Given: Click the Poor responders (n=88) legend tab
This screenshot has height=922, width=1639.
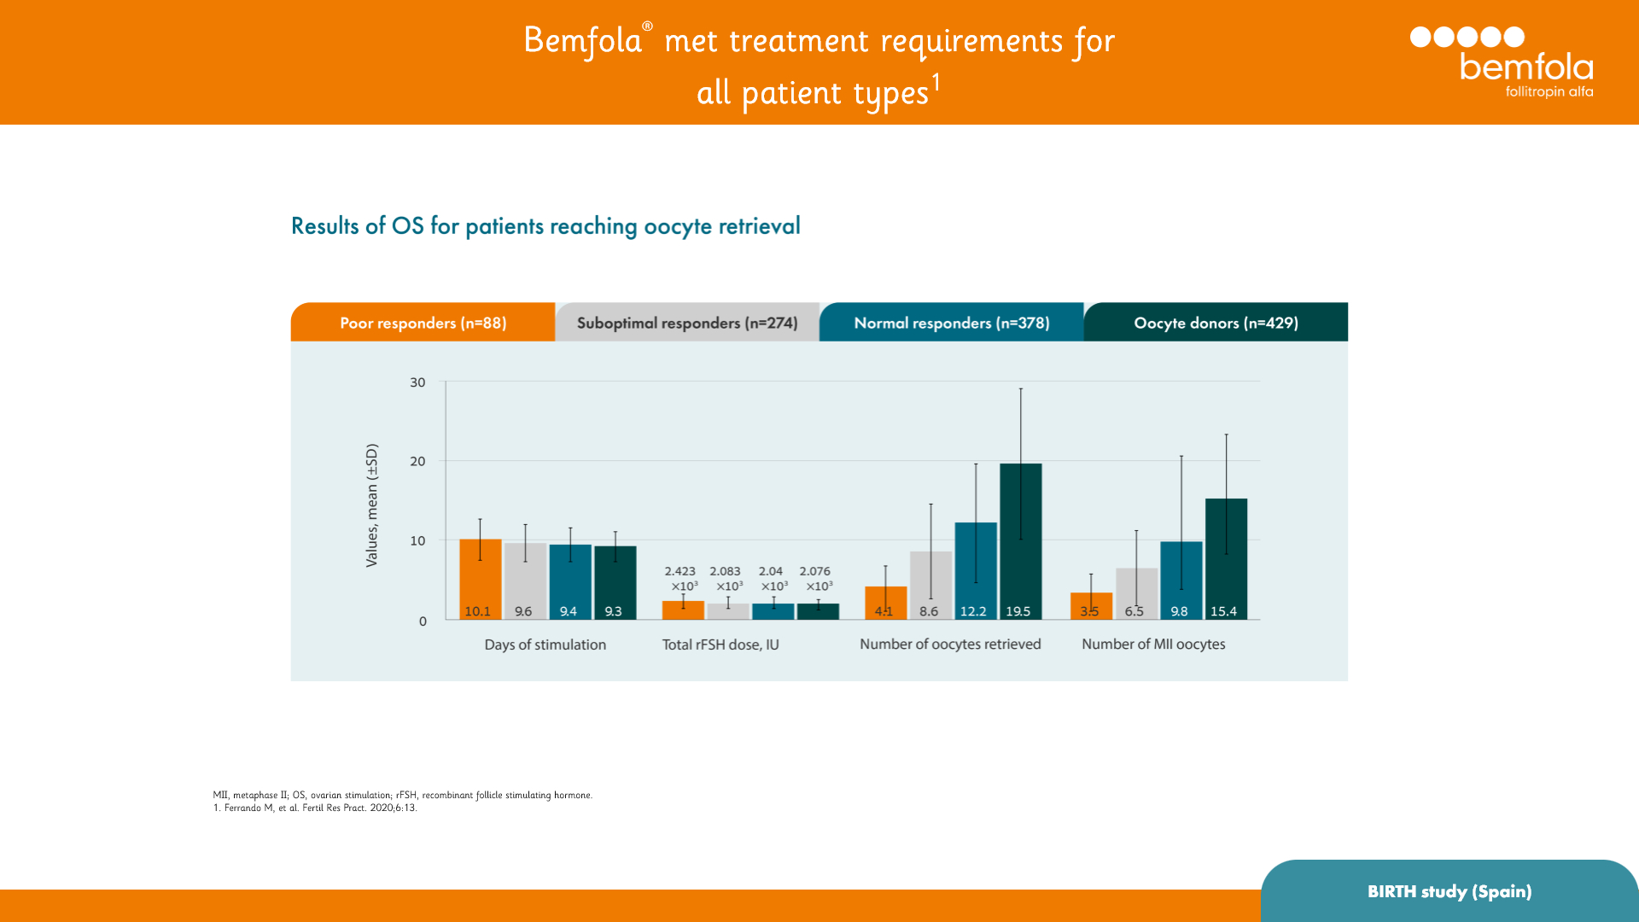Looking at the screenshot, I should coord(423,323).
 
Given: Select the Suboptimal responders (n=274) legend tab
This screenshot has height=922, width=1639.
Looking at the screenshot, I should coord(687,323).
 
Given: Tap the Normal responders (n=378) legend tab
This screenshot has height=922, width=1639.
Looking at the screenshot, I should coord(951,323).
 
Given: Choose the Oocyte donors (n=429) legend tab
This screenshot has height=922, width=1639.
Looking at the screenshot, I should coord(1216,323).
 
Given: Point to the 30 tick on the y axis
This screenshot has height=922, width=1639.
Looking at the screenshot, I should coord(417,382).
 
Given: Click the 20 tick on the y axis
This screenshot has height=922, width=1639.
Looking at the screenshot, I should coord(417,461).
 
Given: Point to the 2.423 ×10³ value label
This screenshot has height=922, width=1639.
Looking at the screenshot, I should coord(681,578).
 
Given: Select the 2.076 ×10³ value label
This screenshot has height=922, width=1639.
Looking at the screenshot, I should coord(816,578).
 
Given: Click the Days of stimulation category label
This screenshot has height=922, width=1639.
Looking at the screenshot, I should coord(545,645).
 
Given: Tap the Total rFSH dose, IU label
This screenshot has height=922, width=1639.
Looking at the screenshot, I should coord(720,645).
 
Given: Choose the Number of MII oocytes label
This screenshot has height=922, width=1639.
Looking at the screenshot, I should coord(1153,645).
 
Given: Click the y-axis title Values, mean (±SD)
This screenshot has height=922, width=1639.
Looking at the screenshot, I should coord(371,505).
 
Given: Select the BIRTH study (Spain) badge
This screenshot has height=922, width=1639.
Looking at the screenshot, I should coord(1449,891).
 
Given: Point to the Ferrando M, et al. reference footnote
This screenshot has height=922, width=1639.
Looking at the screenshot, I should coord(315,808).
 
